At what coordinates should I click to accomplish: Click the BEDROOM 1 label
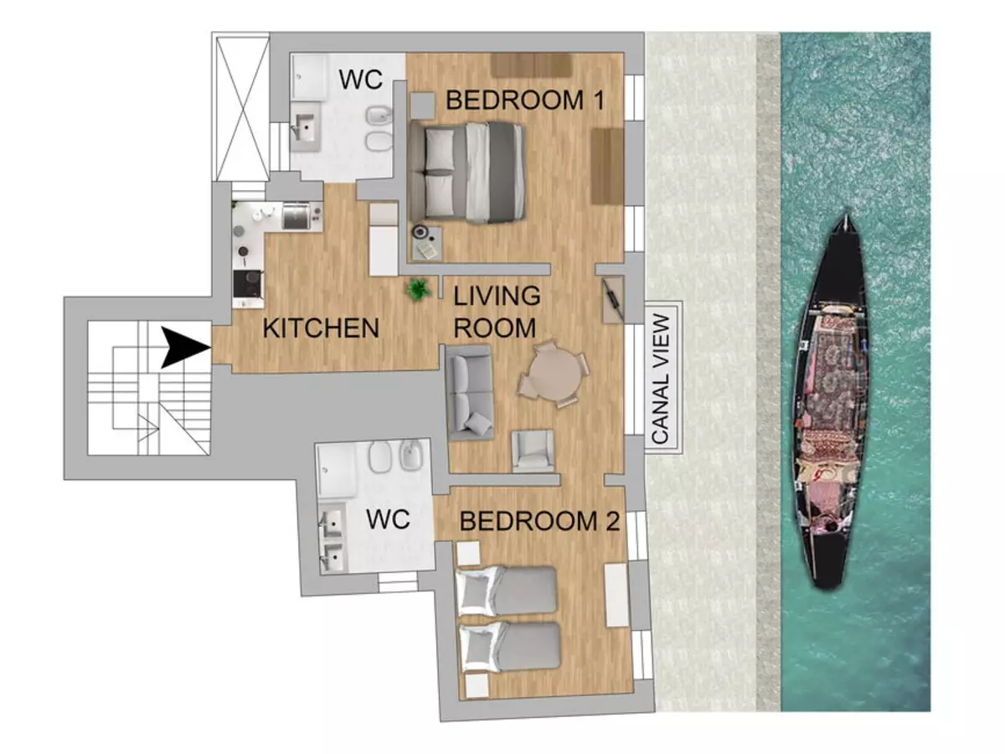525,100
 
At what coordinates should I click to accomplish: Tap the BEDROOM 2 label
539,521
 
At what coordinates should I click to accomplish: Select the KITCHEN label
321,328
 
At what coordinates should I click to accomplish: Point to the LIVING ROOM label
497,312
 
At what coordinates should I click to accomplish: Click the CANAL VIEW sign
663,378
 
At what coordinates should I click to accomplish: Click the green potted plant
417,290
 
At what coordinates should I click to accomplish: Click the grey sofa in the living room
470,393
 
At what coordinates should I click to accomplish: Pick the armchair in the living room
533,451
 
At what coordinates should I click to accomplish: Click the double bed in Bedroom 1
467,172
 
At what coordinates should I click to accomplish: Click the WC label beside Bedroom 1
361,80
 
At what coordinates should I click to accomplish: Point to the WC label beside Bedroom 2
388,519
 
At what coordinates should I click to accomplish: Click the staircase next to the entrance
149,388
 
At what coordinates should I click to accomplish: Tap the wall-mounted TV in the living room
612,299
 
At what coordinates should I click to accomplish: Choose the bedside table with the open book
425,244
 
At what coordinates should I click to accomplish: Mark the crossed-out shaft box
243,109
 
